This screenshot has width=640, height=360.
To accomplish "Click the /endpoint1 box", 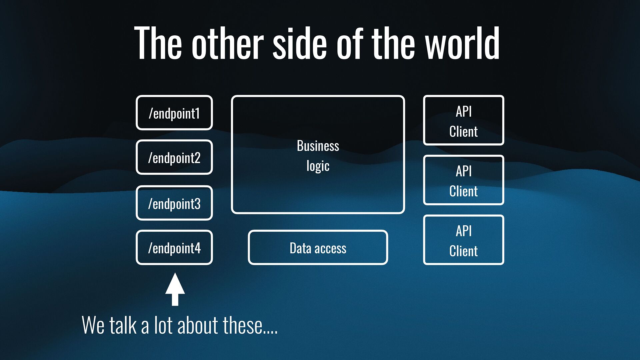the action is [x=174, y=113].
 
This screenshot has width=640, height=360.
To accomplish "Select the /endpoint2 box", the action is [x=174, y=157].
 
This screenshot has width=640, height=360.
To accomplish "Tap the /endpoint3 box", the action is [x=174, y=203].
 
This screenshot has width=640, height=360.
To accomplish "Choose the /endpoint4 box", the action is [x=174, y=248].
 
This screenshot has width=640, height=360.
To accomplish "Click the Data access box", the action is [x=318, y=248].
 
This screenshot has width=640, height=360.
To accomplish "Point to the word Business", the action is [x=318, y=146].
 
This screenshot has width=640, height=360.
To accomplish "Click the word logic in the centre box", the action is [x=318, y=166].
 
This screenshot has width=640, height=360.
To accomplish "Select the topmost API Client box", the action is [x=463, y=120].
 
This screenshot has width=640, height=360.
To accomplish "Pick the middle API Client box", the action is [x=463, y=180].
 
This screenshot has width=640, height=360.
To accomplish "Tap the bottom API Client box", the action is [x=463, y=240].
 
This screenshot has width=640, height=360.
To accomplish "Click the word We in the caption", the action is [x=93, y=325].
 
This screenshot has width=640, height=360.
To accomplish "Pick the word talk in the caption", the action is [x=123, y=325].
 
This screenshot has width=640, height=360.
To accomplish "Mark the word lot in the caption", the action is [x=163, y=325].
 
